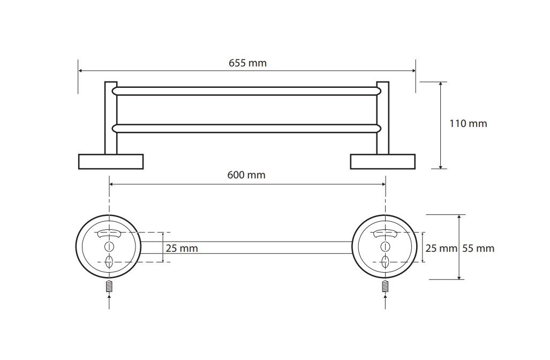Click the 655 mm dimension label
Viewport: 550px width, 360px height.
[247, 63]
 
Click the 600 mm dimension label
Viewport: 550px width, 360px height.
[246, 175]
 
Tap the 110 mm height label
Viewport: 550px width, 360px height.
[468, 124]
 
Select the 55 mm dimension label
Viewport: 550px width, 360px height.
[478, 249]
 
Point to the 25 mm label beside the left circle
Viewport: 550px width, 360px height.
[182, 249]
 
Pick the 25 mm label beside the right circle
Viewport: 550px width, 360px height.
[441, 249]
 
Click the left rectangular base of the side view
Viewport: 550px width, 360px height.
[111, 161]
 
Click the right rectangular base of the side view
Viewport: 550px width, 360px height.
[383, 161]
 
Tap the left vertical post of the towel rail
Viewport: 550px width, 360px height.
[110, 118]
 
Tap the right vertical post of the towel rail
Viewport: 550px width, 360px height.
[383, 118]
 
